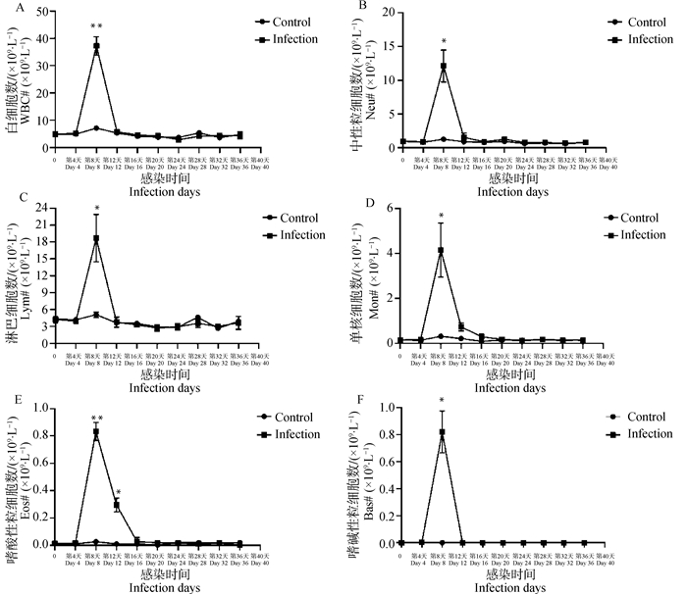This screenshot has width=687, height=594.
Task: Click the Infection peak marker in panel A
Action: click(96, 46)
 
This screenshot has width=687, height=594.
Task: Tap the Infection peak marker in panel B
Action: click(444, 67)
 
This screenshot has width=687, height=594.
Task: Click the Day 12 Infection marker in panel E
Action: click(117, 506)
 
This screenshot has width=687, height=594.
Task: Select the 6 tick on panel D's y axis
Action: click(387, 208)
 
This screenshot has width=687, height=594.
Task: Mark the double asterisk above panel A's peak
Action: click(96, 26)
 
